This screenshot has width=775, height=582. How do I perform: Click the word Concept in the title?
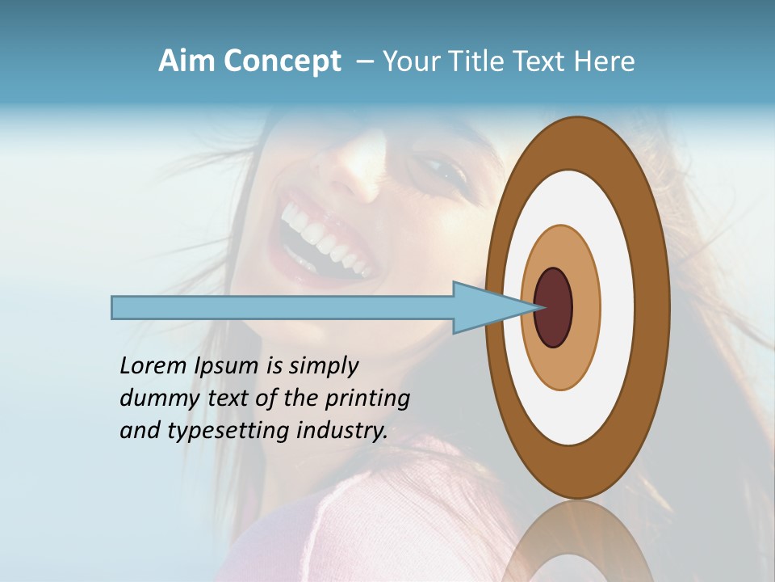pyautogui.click(x=283, y=61)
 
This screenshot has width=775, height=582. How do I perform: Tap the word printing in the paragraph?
pyautogui.click(x=367, y=399)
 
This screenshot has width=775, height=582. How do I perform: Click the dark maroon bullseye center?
pyautogui.click(x=553, y=307)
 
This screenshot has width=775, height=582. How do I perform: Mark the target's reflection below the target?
pyautogui.click(x=577, y=542)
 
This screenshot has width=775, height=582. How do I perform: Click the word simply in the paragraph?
pyautogui.click(x=323, y=366)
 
